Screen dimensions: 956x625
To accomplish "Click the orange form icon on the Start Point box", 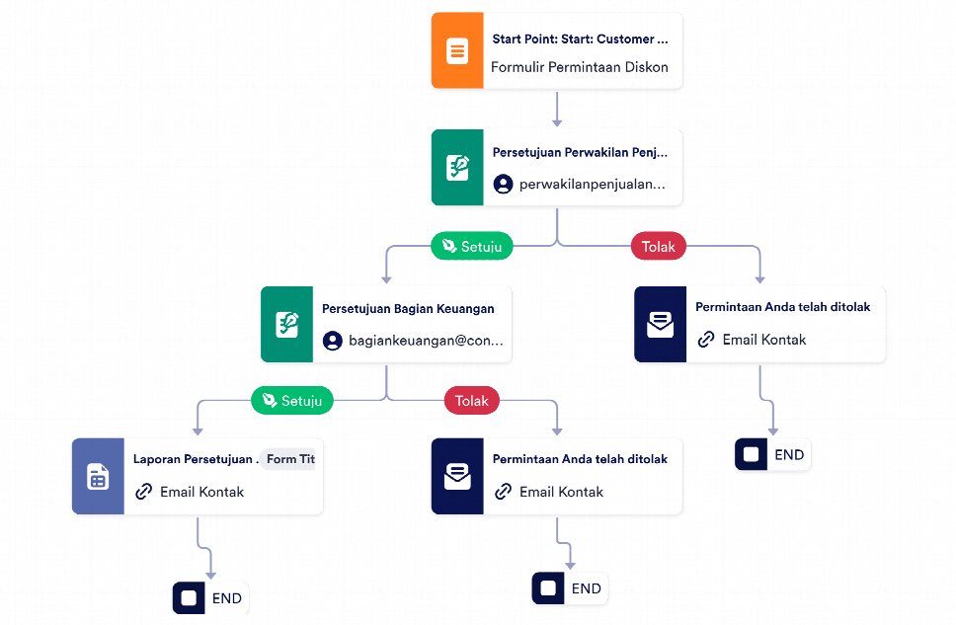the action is coord(457,50).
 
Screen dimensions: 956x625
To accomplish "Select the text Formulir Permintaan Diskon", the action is coord(579,67).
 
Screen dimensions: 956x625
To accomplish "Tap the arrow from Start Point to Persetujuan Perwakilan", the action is coord(557,110).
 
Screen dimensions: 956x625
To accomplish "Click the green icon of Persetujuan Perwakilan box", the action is coord(457,167).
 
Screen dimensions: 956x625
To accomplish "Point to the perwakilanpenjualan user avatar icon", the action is coord(503,185).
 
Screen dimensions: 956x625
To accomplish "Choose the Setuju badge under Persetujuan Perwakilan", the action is coord(472,246).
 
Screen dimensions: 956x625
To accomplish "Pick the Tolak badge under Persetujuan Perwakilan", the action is coord(659,246).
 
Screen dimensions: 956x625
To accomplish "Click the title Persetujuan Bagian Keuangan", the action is coord(408,308).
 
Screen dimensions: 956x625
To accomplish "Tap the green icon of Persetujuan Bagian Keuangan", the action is coord(286,325).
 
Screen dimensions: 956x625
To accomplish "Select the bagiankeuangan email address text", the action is coord(426,341).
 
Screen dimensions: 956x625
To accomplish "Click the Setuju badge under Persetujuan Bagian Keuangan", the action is coord(292,400).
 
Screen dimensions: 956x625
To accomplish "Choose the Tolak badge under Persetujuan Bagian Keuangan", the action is coord(472,400).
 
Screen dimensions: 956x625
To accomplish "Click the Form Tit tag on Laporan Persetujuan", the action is coord(289,458).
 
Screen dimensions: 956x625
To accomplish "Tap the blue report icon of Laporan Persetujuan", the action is coord(98,476).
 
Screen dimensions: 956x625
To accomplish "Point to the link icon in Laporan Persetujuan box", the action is coord(144,492).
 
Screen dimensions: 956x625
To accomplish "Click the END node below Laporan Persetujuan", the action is coord(210,598).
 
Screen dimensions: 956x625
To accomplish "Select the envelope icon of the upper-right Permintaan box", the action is coord(661,325).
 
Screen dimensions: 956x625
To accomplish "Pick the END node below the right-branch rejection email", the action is coord(772,454).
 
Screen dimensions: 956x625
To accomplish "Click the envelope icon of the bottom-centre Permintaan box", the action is coord(457,476).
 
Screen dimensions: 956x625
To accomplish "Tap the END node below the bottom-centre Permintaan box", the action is coord(570,588).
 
